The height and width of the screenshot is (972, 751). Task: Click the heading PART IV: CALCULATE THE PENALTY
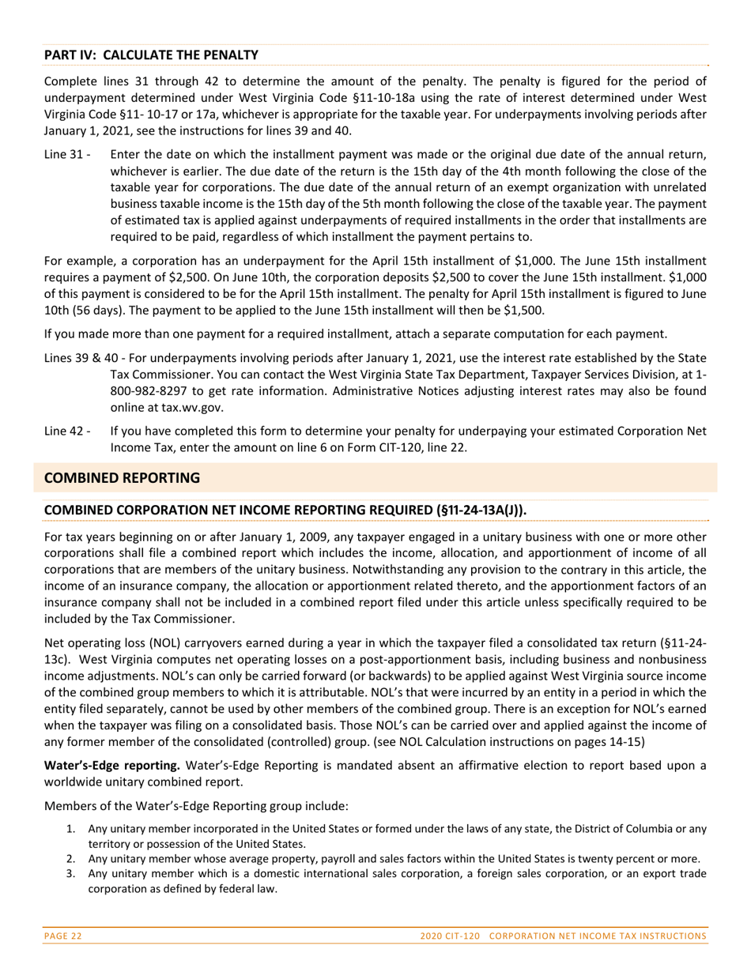pyautogui.click(x=151, y=55)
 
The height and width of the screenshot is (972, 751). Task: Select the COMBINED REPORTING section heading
pyautogui.click(x=122, y=478)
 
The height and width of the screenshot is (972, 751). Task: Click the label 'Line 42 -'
pyautogui.click(x=67, y=431)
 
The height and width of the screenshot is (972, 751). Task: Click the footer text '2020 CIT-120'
pyautogui.click(x=450, y=936)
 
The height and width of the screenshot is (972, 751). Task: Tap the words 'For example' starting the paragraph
pyautogui.click(x=76, y=260)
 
